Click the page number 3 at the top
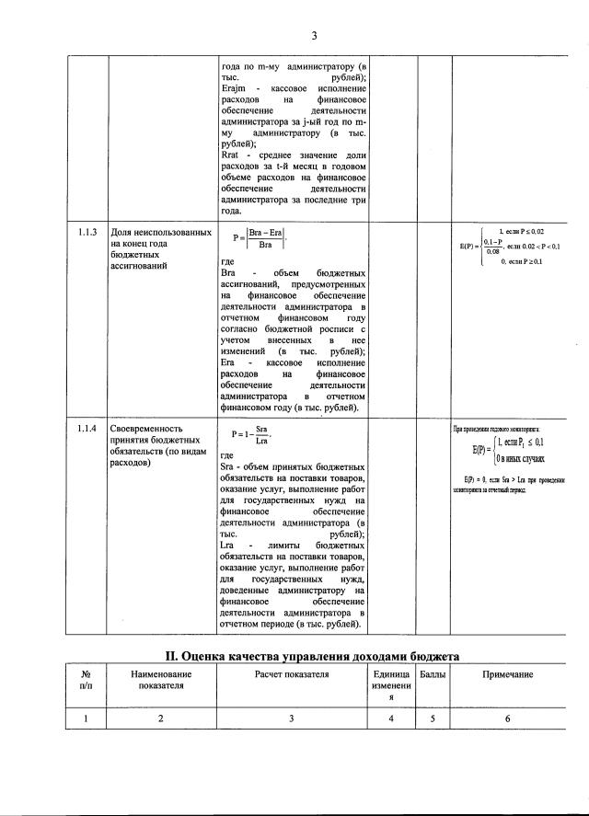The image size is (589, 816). coord(313,37)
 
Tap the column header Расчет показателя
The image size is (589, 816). coord(292,675)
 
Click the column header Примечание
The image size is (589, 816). coord(508,675)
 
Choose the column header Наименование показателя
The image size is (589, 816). coord(161,681)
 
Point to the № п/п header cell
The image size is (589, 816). coord(87,681)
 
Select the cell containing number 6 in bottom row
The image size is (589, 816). coord(508,719)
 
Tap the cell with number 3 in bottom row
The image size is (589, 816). coord(292,719)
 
